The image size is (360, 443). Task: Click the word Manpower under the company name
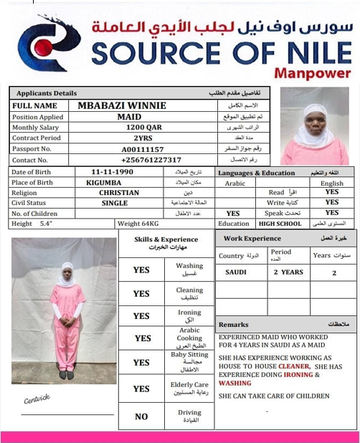coord(315,73)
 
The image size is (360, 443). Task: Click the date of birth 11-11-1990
coord(113,172)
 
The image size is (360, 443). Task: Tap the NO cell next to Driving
coord(141,416)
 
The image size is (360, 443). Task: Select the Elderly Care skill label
coord(189,388)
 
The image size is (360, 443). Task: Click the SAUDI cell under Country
coord(236,272)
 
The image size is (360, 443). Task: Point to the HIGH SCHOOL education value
coord(280,224)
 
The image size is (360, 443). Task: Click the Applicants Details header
coord(46,93)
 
